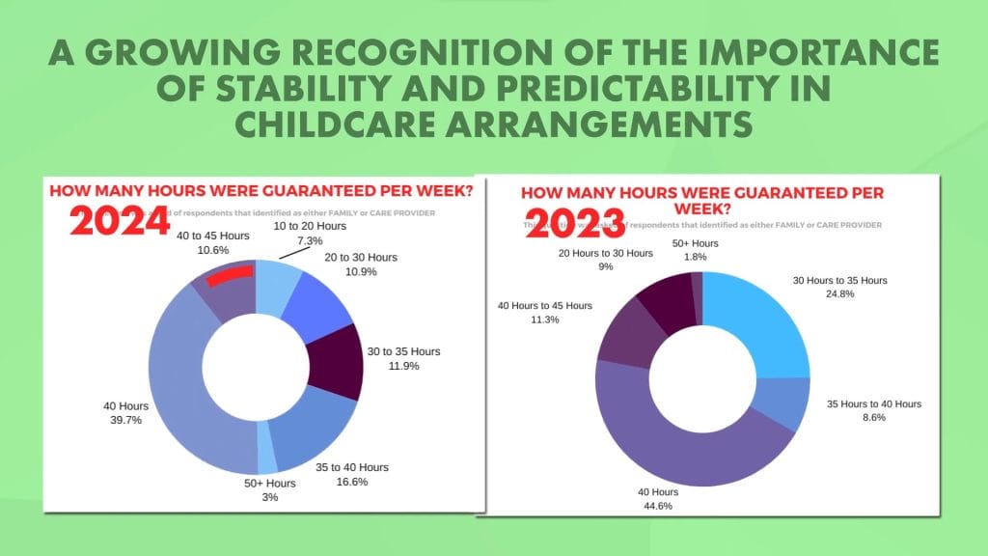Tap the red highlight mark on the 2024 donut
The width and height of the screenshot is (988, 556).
tap(230, 277)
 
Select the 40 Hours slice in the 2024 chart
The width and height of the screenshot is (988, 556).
tap(178, 386)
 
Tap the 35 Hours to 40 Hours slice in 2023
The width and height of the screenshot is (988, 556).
tap(786, 405)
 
